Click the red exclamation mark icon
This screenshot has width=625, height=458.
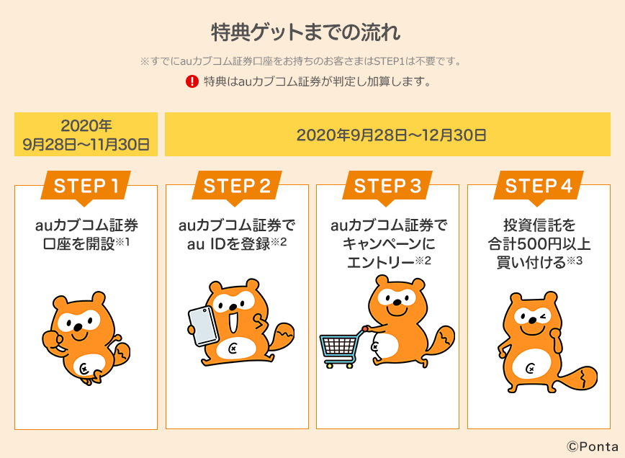coord(192,81)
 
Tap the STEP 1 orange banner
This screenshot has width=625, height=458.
coord(85,186)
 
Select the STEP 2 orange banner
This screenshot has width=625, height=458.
coord(237,186)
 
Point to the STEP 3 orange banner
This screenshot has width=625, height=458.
coord(387,186)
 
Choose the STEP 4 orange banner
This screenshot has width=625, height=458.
coord(539,186)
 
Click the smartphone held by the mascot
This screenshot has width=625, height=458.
coord(203,326)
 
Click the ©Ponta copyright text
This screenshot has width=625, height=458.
coord(593,446)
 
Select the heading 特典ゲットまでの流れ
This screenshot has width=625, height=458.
coord(306,32)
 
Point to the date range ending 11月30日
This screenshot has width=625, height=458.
coord(86,135)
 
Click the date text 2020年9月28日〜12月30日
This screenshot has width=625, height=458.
coord(392,135)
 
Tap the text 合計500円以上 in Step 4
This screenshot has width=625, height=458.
coord(539,243)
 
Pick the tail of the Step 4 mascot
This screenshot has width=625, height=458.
coord(579,377)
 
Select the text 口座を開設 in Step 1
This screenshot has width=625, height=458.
coord(78,243)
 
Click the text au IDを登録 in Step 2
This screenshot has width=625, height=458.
coord(229,243)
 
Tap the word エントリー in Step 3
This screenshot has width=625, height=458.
coord(381,262)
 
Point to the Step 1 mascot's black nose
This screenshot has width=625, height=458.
coord(78,328)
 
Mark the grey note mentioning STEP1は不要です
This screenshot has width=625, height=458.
coord(300,61)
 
